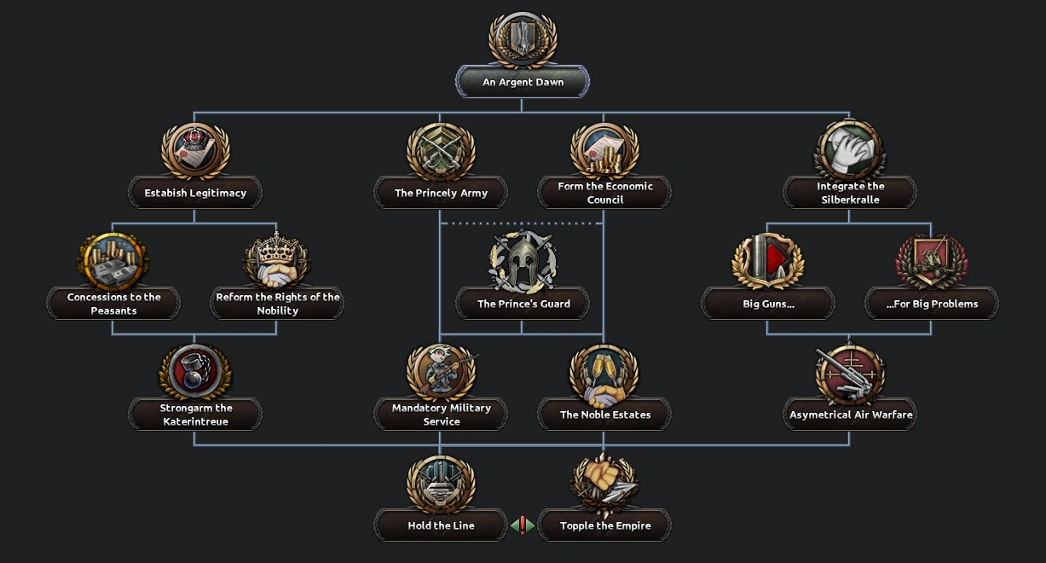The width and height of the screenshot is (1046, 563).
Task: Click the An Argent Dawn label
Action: pos(523,83)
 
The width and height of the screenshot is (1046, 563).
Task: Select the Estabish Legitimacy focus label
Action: pos(195,193)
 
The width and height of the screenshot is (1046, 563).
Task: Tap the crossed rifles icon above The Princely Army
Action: pos(441,152)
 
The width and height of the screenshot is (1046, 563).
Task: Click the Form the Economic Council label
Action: pos(604,193)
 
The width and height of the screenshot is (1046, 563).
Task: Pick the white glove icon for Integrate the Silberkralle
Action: pos(850,150)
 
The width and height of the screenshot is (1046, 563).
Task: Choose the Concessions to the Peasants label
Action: pos(113,304)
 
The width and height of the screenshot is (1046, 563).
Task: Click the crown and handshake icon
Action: pos(277,261)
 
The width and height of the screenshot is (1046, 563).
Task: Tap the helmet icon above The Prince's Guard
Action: pos(523,261)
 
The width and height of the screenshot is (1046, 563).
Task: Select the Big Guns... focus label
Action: pos(768,304)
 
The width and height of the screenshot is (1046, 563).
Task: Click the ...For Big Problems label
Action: pos(932,304)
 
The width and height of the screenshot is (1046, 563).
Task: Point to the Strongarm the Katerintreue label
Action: pos(195,415)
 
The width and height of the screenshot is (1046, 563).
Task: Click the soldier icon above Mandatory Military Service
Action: pos(441,372)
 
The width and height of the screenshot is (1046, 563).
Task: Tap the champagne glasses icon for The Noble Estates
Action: pos(604,374)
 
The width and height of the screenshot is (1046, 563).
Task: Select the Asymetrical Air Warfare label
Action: pos(850,415)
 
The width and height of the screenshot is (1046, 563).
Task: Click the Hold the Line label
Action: pos(441,525)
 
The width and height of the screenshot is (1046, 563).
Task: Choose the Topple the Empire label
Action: pos(604,525)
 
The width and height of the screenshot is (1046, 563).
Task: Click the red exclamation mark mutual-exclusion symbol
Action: pos(523,525)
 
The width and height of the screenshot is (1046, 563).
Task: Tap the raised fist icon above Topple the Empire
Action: pos(604,483)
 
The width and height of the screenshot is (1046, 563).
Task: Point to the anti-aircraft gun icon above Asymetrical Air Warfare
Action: pos(850,374)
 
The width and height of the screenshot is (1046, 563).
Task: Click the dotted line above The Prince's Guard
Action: pos(522,223)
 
